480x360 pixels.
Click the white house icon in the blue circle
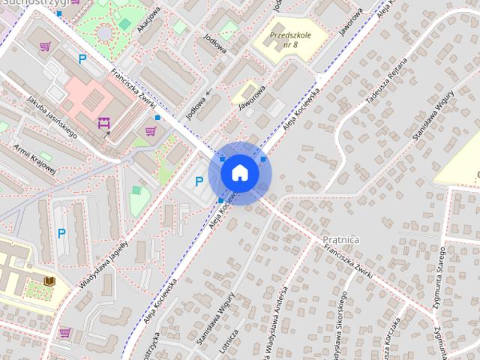click(239, 172)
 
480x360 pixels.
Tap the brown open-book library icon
click(49, 281)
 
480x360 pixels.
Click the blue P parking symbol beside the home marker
click(199, 181)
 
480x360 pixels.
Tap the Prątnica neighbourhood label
click(341, 239)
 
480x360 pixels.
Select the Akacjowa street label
click(149, 21)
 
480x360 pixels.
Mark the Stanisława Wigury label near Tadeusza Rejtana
click(433, 116)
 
